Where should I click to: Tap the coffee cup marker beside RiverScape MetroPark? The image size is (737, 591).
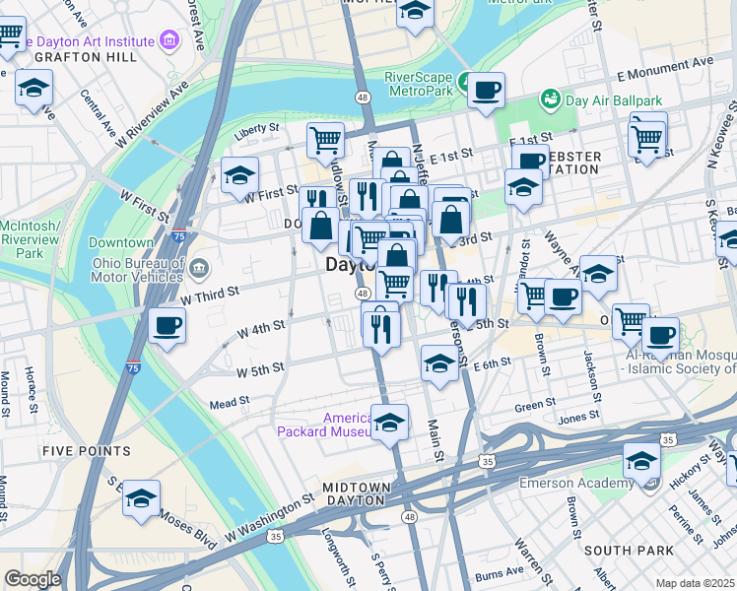coord(486,92)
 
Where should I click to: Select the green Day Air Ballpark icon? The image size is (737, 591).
coord(549,99)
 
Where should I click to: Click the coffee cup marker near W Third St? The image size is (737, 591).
coord(167,325)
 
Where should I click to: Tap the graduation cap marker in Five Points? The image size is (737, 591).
coord(142,497)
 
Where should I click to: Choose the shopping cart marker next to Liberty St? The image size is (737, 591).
coord(325,139)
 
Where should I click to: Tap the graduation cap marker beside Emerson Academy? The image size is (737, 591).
coord(641,461)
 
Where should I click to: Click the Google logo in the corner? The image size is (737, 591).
coord(32,579)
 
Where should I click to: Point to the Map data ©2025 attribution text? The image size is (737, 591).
coord(696,583)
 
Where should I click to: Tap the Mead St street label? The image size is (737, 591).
coord(229,404)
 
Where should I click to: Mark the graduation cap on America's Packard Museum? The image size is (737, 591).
coord(389,423)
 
